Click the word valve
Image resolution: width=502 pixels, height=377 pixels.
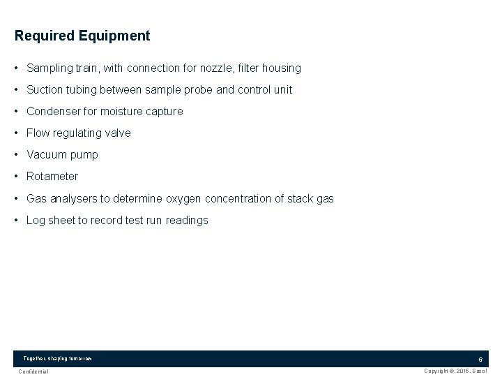point(116,133)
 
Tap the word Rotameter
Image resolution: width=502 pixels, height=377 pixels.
point(52,177)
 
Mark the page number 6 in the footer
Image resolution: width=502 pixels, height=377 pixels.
point(480,359)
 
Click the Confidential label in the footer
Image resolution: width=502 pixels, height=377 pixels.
point(33,371)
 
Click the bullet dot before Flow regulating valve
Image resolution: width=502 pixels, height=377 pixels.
point(16,133)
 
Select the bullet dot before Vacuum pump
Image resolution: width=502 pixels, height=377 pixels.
point(16,155)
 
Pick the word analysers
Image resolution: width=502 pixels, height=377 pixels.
point(73,199)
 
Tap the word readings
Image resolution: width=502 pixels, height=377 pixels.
point(187,221)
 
